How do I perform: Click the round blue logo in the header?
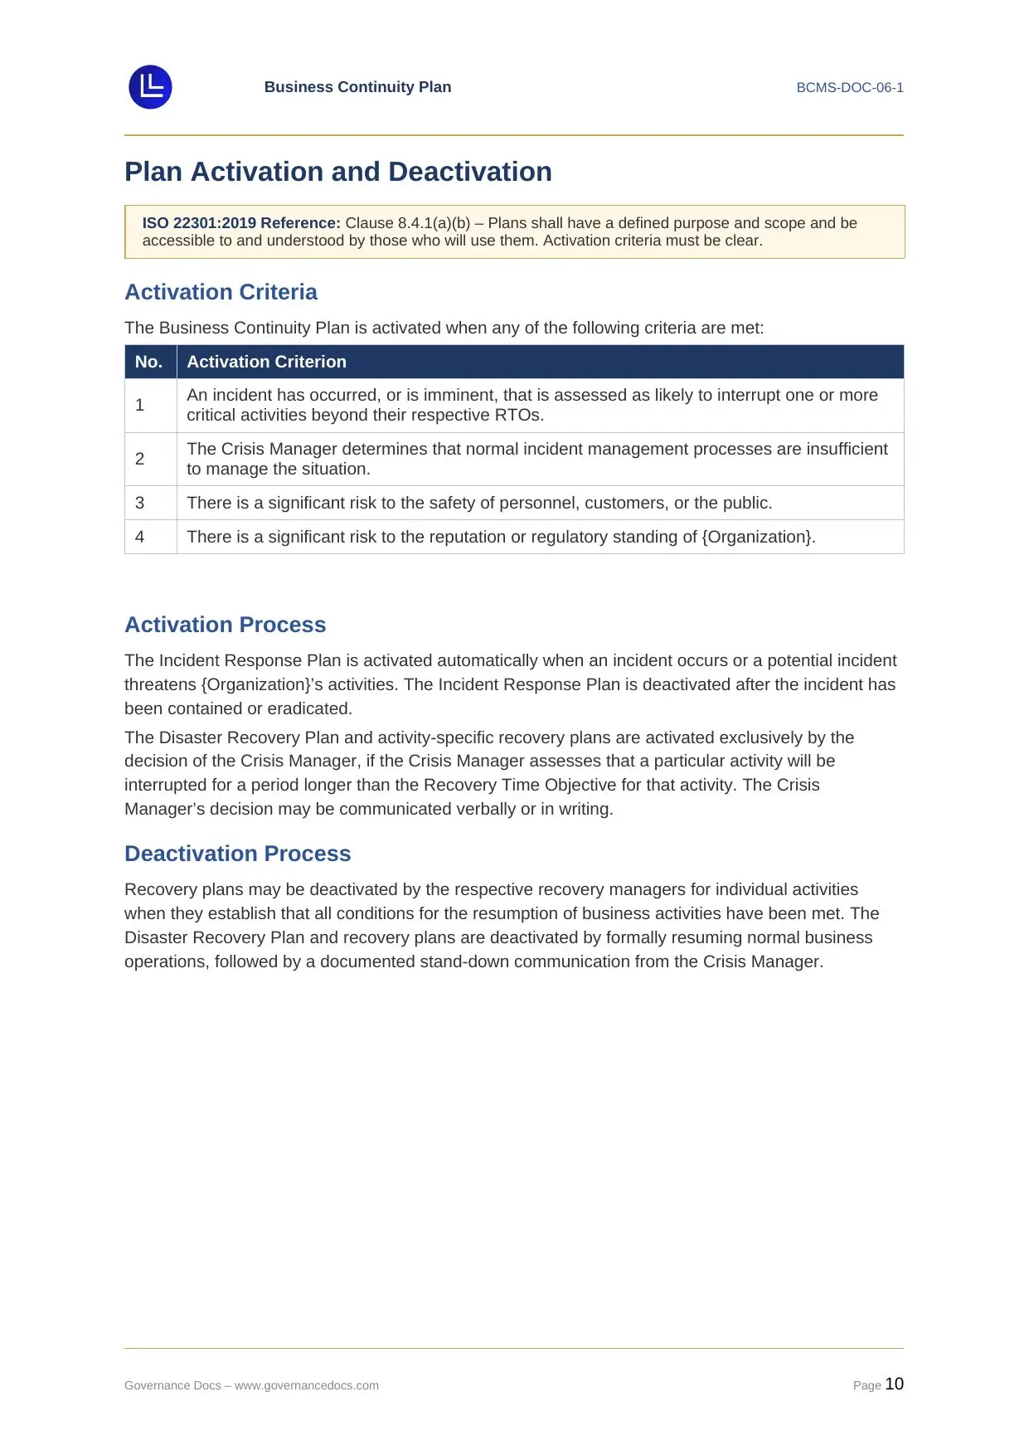click(150, 87)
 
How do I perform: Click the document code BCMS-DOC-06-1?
click(849, 88)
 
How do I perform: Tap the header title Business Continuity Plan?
click(357, 87)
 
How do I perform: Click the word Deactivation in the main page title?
click(469, 172)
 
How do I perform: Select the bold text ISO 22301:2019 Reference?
click(241, 223)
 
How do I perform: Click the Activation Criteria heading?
click(221, 292)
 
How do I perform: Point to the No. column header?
click(149, 362)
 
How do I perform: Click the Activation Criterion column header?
click(266, 362)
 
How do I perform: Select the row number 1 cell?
click(140, 405)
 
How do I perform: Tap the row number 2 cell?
click(140, 459)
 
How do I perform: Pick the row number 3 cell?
click(140, 503)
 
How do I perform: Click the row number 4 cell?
click(140, 537)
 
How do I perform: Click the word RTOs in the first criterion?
click(518, 416)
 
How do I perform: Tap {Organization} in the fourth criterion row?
click(756, 537)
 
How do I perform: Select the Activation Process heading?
click(225, 625)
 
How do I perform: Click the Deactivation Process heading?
click(237, 854)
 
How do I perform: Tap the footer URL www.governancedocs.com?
click(307, 1385)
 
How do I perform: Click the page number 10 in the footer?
click(894, 1384)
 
